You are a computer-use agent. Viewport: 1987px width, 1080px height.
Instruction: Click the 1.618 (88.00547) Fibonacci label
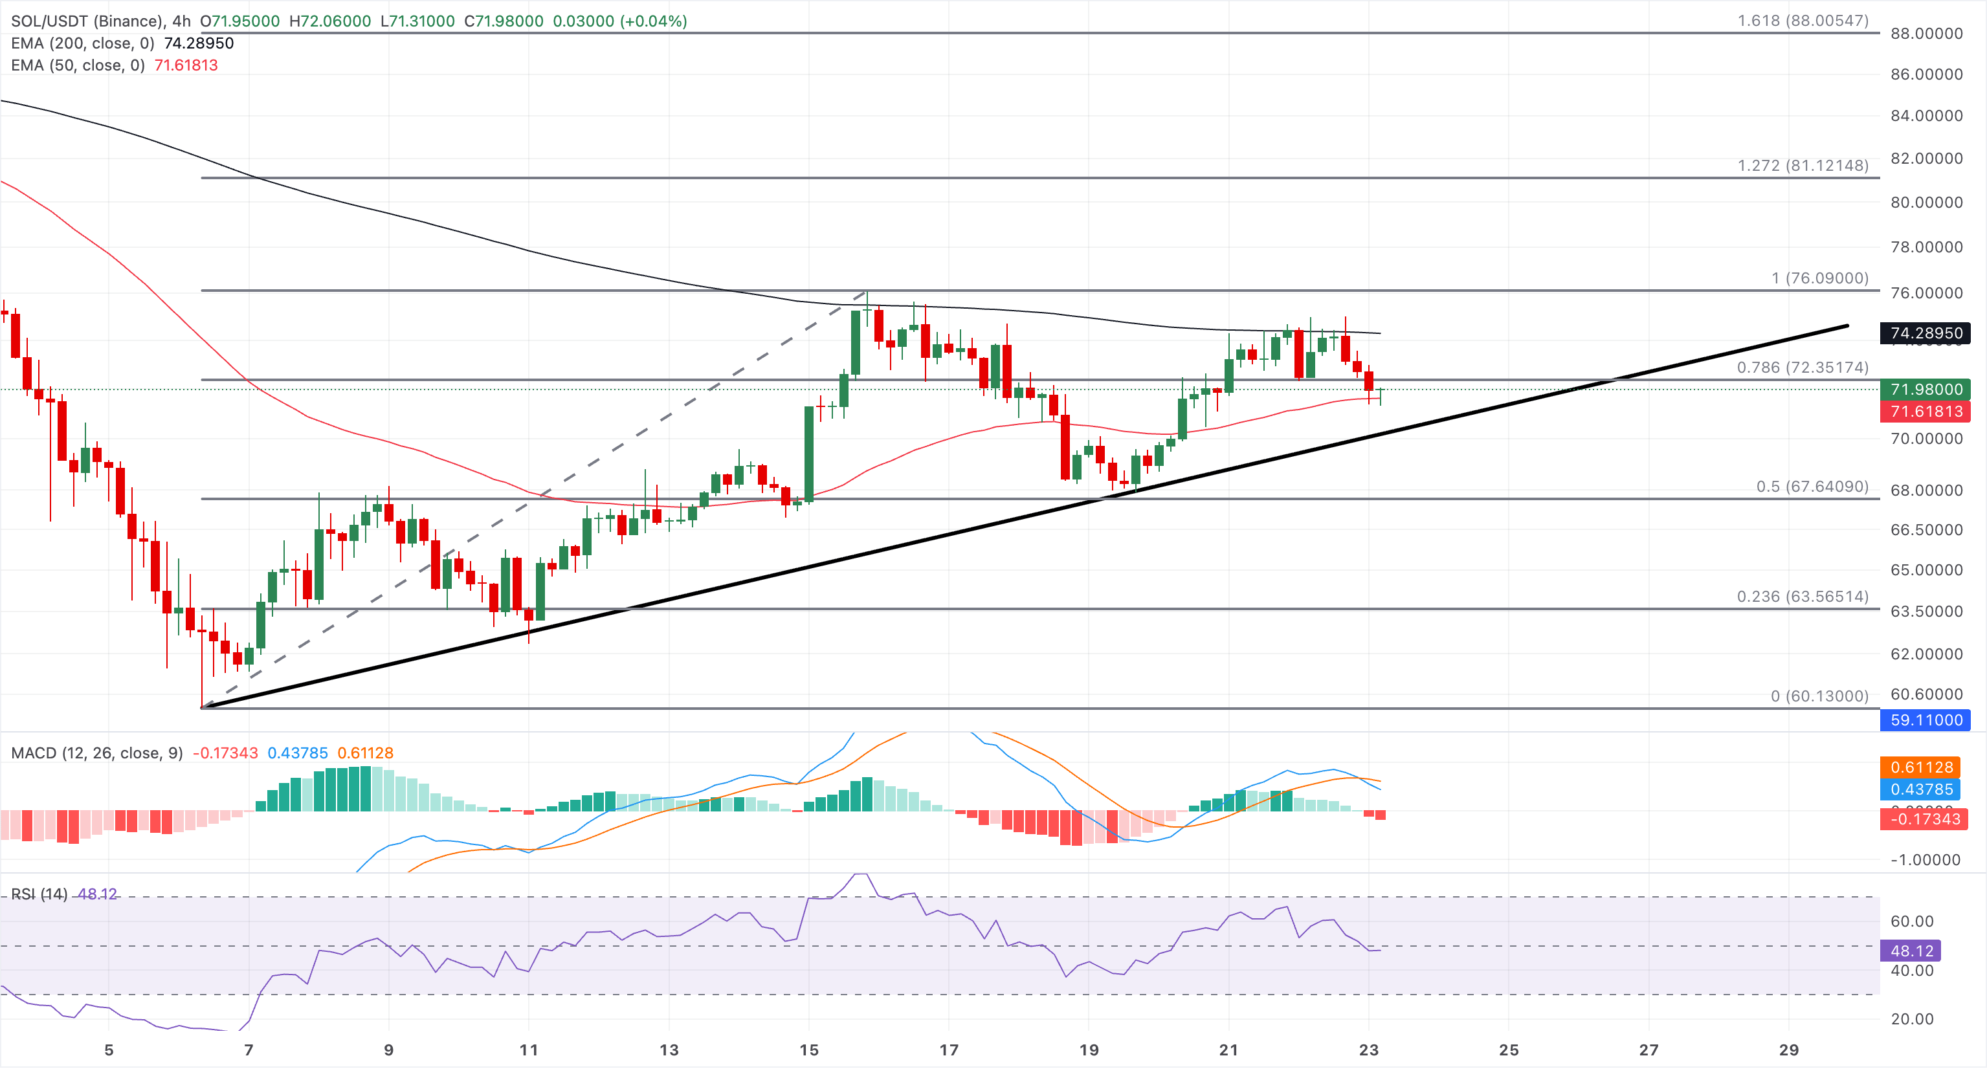pos(1803,21)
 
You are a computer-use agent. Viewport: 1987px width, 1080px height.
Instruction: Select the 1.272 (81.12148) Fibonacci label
pos(1803,166)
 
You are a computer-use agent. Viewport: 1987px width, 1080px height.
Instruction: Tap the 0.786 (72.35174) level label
pos(1803,367)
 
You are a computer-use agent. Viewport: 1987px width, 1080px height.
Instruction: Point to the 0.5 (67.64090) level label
pos(1813,487)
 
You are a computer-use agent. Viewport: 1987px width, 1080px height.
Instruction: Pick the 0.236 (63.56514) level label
pos(1803,597)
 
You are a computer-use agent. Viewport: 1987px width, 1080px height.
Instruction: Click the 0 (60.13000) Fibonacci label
pos(1819,697)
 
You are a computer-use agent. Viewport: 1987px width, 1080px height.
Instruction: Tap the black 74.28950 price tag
pos(1926,333)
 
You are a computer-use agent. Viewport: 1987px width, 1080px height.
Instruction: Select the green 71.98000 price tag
pos(1926,390)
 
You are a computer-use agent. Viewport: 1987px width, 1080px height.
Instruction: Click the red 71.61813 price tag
pos(1926,411)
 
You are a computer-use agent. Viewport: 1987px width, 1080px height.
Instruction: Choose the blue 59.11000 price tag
pos(1926,720)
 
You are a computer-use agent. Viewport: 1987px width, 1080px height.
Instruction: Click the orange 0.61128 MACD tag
pos(1922,767)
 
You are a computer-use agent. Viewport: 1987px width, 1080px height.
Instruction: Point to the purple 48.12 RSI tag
pos(1911,951)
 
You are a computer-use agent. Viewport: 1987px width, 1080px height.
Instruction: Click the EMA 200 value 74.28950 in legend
pos(199,43)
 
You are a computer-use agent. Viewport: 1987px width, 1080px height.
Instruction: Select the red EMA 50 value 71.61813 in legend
pos(186,65)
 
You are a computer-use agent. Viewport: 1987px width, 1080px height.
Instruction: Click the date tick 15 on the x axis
pos(808,1050)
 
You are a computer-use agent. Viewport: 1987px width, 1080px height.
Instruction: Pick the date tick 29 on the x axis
pos(1789,1050)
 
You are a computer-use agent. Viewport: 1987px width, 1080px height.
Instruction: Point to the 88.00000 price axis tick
pos(1926,33)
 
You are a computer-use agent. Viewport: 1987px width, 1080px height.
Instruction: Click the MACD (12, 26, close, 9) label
pos(96,753)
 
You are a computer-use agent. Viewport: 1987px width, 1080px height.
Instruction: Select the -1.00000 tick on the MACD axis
pos(1926,860)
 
